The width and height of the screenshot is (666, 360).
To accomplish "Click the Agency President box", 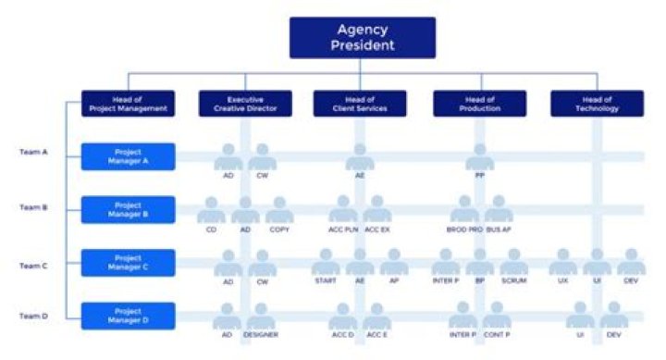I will (x=362, y=37).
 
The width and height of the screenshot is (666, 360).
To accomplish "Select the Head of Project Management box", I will (x=128, y=104).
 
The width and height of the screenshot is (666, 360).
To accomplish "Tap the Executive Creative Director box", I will (x=245, y=104).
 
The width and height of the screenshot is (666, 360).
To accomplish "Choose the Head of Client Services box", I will (x=362, y=104).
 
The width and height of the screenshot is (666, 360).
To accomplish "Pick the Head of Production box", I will (x=479, y=104).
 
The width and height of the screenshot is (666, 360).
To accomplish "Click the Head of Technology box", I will (x=597, y=104).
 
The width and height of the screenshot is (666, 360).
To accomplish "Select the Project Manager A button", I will (x=128, y=156).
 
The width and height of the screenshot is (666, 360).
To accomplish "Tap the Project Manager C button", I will (x=128, y=263).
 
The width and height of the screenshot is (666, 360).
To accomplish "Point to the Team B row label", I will (x=33, y=208).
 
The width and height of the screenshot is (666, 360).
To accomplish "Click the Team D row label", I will (x=33, y=316).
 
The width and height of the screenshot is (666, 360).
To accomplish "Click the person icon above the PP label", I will (x=479, y=155).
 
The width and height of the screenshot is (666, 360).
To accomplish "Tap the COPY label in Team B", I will (x=279, y=229).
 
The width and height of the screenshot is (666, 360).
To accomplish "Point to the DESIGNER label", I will (x=262, y=334).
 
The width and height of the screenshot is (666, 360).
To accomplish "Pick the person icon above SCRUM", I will (x=513, y=261).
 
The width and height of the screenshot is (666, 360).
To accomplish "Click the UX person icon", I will (x=562, y=261).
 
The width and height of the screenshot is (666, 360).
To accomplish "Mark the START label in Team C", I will (x=326, y=280).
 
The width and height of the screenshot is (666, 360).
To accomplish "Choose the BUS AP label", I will (x=499, y=229).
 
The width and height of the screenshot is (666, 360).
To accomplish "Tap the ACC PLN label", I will (x=344, y=229).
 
